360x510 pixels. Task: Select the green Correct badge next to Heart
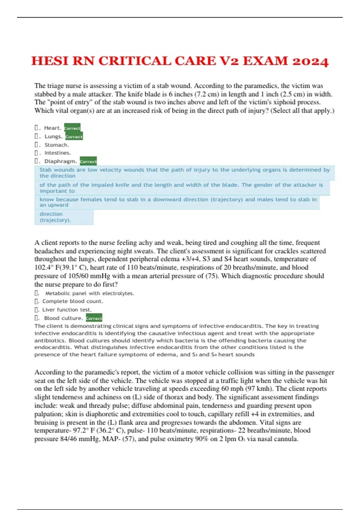pos(72,128)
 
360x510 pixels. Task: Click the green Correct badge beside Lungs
pos(74,136)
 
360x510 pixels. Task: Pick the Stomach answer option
pos(57,145)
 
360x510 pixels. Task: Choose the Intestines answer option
pos(58,153)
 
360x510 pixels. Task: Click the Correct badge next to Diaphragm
pos(88,161)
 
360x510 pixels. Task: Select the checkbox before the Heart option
pos(36,128)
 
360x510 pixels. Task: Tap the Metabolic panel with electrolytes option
pos(89,293)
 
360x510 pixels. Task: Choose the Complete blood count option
pos(73,301)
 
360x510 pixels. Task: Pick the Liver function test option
pos(67,310)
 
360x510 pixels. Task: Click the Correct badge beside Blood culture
pos(94,318)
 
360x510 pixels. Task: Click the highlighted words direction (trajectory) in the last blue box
pos(55,217)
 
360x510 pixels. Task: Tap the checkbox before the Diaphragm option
pos(36,161)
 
